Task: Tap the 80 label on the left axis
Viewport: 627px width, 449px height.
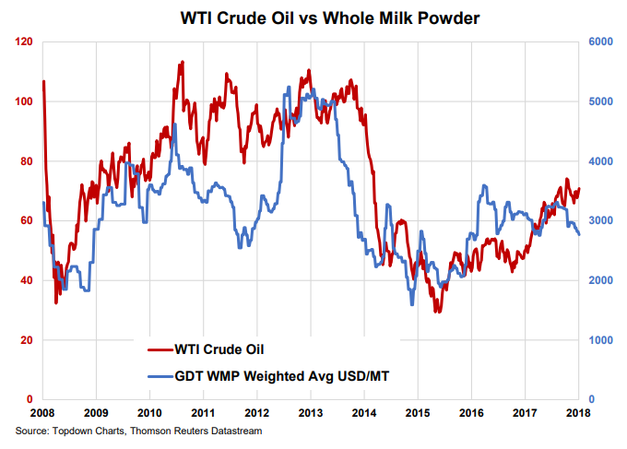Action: coord(27,161)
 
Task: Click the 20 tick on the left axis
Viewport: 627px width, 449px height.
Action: coord(27,340)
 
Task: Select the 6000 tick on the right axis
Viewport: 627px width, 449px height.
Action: coord(600,42)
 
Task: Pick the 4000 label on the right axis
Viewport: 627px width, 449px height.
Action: coord(600,161)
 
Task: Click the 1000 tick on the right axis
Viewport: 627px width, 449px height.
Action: coord(600,340)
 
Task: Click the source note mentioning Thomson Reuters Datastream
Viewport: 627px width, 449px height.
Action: coord(137,431)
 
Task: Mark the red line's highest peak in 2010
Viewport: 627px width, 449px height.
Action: coord(183,62)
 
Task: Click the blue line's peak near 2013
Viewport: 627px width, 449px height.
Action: coord(290,88)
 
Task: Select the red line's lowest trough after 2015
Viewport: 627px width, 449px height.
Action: coord(439,312)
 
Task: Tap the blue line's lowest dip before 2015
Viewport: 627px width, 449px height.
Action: coord(411,304)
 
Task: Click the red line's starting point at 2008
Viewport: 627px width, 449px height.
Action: coord(43,82)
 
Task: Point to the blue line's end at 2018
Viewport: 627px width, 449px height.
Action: coord(579,235)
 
